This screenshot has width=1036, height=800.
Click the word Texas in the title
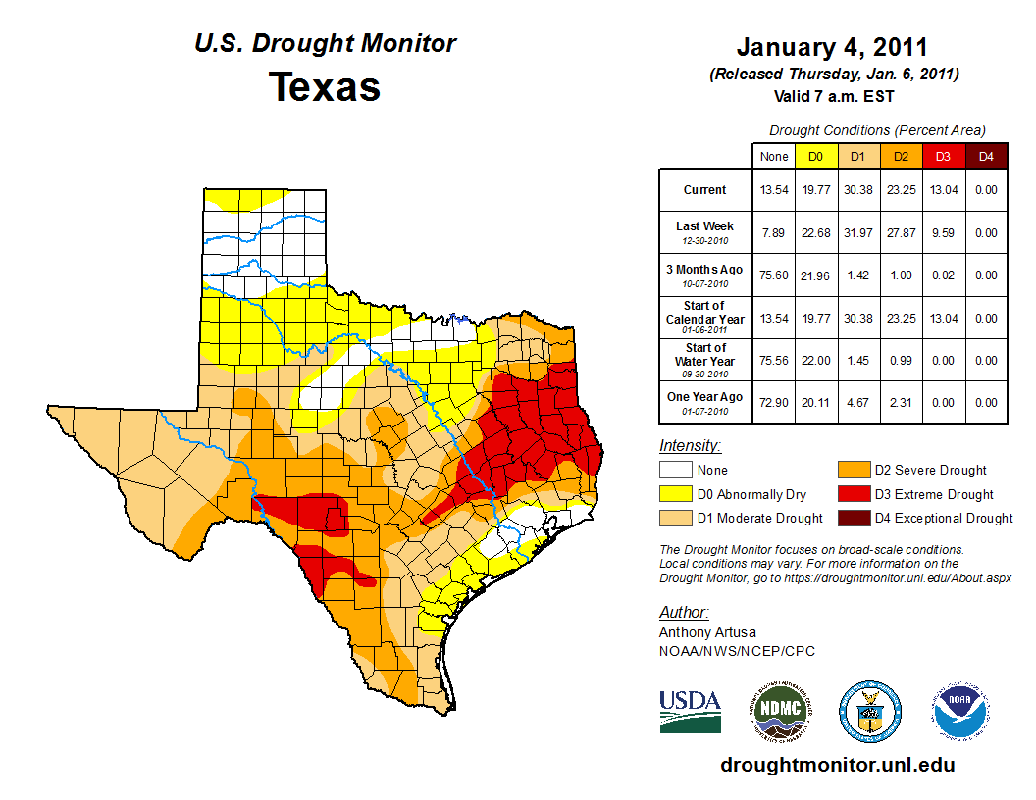(325, 87)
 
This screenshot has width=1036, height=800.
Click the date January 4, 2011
(832, 48)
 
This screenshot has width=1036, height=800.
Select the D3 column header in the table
(942, 156)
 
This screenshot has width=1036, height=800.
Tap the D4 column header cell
(986, 156)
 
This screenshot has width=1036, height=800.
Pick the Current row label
(705, 190)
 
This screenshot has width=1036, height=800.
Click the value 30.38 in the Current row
(856, 190)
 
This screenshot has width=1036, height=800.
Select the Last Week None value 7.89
(773, 232)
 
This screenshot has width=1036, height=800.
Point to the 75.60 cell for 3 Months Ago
(773, 275)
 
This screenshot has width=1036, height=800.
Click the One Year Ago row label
(705, 397)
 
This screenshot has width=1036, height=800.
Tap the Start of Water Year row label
(705, 355)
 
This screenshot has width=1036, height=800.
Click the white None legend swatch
(676, 471)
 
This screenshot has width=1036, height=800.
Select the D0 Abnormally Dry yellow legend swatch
(676, 494)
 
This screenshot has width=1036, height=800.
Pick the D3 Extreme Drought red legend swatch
(852, 494)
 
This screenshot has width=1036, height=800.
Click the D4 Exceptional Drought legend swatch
(852, 518)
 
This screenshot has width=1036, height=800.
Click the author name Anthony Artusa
(707, 632)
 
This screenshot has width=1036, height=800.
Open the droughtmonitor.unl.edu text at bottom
(837, 765)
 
